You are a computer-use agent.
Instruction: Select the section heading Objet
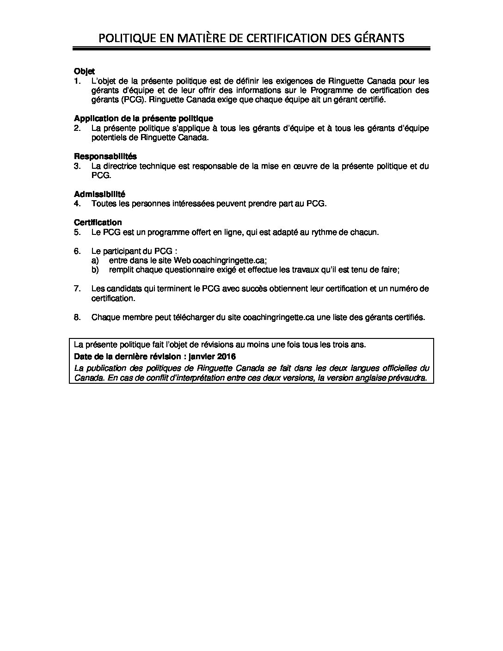tap(84, 71)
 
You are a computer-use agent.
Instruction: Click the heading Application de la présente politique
tap(143, 119)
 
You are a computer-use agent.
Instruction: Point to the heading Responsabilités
tap(105, 156)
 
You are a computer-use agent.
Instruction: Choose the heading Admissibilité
tap(99, 194)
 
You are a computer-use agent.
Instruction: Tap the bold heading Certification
tap(98, 222)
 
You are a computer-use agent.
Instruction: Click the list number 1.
tap(77, 80)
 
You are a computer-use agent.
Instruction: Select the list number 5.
tap(77, 232)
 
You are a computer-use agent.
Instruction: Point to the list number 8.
tap(77, 317)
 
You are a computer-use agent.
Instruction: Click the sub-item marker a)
tap(95, 260)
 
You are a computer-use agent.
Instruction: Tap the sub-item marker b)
tap(95, 270)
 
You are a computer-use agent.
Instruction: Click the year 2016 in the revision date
tap(226, 356)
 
